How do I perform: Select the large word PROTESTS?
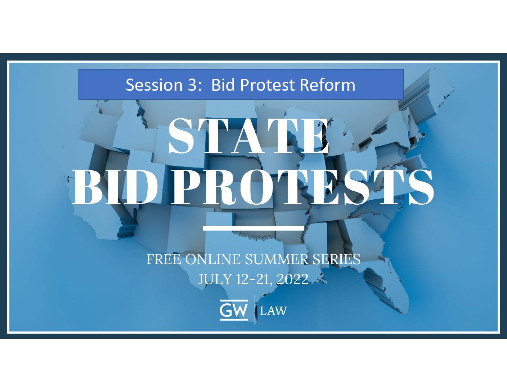[302, 187]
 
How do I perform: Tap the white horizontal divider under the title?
[253, 228]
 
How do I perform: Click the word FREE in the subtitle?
[164, 259]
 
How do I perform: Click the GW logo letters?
[233, 311]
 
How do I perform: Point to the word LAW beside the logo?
[273, 311]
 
